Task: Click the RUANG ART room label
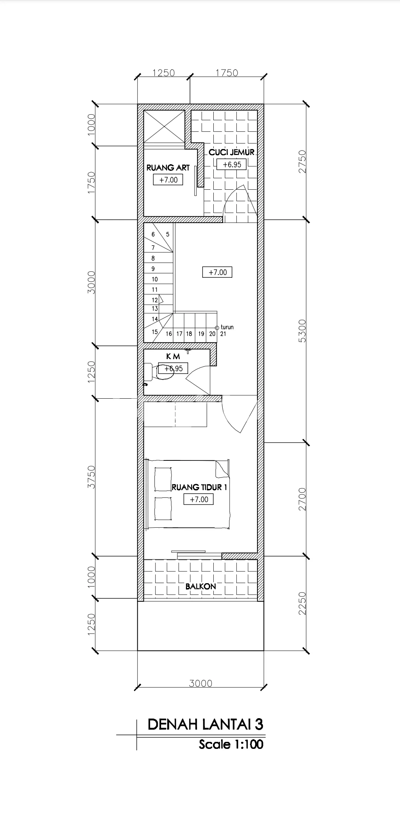168,168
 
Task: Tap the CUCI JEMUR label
231,152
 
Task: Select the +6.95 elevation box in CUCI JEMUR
232,165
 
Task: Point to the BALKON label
201,586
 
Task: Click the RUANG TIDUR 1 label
199,487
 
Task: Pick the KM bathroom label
173,356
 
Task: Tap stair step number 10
155,279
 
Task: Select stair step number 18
189,334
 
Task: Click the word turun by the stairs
227,327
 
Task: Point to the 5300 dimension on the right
303,331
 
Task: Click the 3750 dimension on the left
91,477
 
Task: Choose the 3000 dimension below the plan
201,683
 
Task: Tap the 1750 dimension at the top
227,73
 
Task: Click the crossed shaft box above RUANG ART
164,126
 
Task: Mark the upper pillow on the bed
163,479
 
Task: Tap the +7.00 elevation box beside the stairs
217,272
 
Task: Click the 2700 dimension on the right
303,499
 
